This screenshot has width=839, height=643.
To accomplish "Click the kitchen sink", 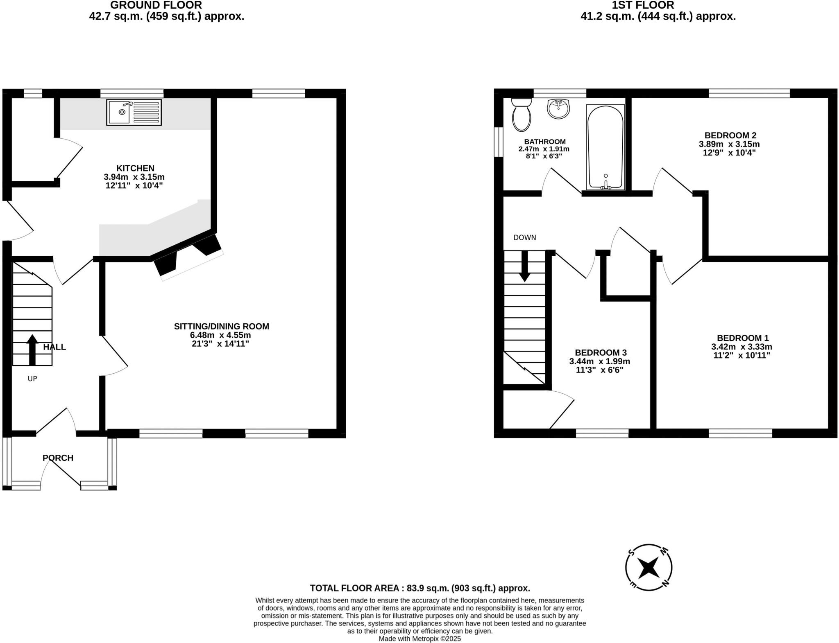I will tap(134, 112).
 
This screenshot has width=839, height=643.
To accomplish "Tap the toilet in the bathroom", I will tap(521, 115).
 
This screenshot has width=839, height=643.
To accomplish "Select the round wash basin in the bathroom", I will tap(558, 109).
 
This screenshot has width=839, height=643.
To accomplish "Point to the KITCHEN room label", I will tap(135, 168).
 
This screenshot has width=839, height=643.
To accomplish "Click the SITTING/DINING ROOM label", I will tap(221, 326).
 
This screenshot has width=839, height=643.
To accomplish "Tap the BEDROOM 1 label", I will tap(742, 338).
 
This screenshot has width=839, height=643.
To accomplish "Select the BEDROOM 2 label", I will tap(730, 135).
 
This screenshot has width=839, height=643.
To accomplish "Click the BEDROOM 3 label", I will tap(601, 352).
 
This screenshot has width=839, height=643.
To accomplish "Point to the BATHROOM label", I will tap(545, 142).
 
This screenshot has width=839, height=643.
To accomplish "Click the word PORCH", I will tap(58, 458).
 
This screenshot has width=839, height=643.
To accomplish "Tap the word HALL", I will tap(54, 347).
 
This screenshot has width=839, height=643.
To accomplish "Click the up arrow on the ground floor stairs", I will tap(32, 350).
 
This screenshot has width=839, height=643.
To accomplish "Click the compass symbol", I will tap(649, 567).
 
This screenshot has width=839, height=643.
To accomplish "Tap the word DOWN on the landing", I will tap(524, 237).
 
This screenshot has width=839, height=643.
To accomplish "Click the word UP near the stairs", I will tap(32, 379).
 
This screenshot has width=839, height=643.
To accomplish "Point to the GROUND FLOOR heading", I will tap(156, 5).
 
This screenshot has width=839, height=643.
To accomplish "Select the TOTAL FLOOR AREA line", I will tap(420, 588).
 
